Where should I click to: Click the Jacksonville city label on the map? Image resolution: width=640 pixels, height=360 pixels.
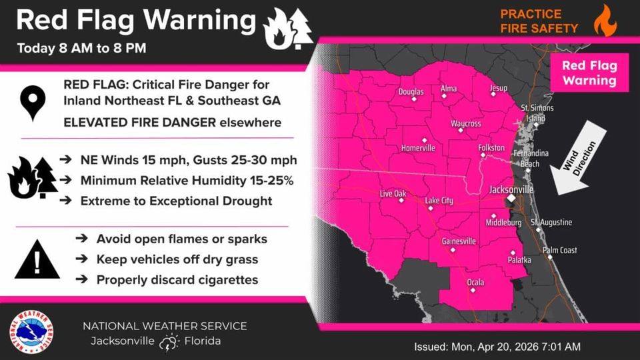[511, 189]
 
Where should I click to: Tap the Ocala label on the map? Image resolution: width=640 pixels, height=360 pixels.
[475, 283]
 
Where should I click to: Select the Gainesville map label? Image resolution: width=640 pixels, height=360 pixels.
[458, 241]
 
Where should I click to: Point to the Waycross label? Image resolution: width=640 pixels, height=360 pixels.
[466, 124]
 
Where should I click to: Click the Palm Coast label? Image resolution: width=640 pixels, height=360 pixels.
[559, 251]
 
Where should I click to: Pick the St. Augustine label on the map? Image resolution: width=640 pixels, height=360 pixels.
[551, 222]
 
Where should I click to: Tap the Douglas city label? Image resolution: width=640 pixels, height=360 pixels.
[411, 92]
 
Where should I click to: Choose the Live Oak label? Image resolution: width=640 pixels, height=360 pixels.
[393, 194]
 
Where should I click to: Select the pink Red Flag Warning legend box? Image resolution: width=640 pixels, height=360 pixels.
[589, 73]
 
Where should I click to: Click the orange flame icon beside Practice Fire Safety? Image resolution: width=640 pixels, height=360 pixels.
[605, 20]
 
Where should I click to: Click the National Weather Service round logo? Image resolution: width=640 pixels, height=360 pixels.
[32, 331]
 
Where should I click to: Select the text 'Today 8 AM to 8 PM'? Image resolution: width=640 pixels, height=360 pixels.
[81, 48]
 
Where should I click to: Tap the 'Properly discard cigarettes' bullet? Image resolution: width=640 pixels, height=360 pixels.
[177, 280]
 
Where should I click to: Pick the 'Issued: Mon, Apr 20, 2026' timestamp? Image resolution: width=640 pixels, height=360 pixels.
[497, 347]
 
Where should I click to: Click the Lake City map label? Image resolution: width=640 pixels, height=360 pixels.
[439, 201]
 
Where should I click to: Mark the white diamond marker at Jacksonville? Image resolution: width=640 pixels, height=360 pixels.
[510, 199]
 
